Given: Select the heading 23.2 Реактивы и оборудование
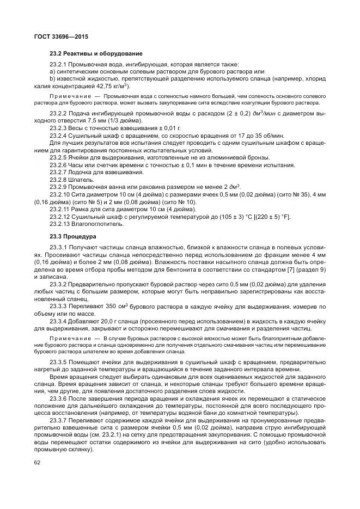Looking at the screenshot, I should click(x=88, y=53).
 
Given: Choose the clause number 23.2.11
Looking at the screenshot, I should click(x=61, y=208).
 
